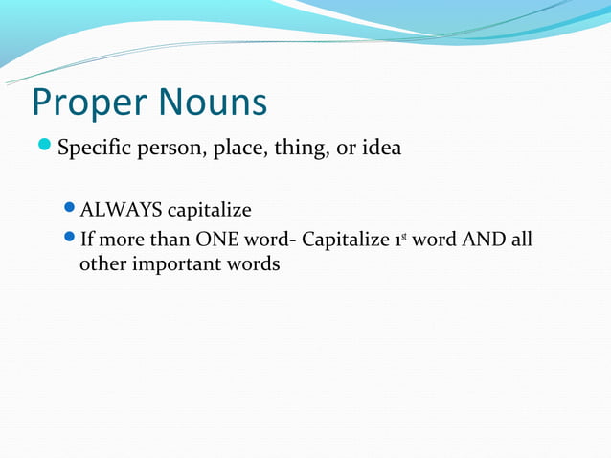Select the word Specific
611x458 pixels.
(x=93, y=150)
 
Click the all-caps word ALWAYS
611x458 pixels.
(x=122, y=209)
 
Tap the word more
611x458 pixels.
(x=121, y=239)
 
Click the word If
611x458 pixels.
(x=86, y=239)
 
